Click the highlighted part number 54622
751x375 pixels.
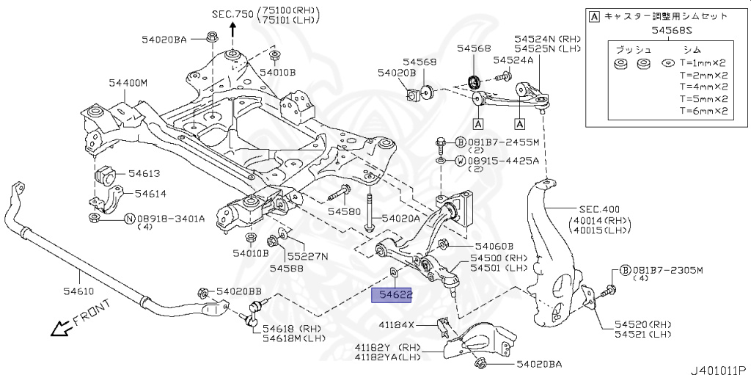392,296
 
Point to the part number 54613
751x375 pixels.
144,174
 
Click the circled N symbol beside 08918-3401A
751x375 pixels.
129,218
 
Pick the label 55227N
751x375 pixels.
307,256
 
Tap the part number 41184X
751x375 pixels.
397,324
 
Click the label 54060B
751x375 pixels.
494,247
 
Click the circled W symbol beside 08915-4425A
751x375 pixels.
459,160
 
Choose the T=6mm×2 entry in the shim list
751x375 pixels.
703,112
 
